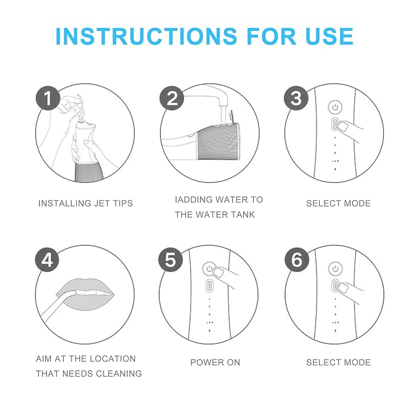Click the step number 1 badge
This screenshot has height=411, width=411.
pyautogui.click(x=47, y=97)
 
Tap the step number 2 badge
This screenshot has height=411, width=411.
pyautogui.click(x=172, y=97)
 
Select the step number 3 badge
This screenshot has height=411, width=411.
pyautogui.click(x=296, y=97)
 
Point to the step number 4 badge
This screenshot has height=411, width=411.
pyautogui.click(x=47, y=260)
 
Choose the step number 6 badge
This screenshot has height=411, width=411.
pyautogui.click(x=296, y=260)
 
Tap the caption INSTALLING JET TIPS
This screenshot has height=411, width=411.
pyautogui.click(x=86, y=203)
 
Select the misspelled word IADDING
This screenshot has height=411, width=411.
pyautogui.click(x=192, y=199)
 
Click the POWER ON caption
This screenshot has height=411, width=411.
pyautogui.click(x=215, y=362)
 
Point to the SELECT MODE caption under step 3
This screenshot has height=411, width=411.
pyautogui.click(x=338, y=203)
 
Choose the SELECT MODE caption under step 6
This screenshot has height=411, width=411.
pyautogui.click(x=338, y=362)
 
